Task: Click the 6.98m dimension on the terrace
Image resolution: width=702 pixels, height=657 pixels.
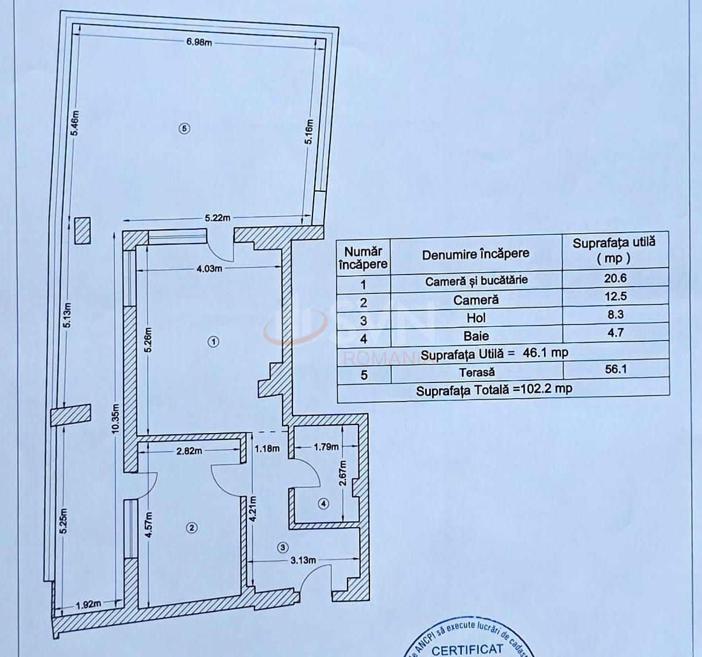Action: (x=199, y=42)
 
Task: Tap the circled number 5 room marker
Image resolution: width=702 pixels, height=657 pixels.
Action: (x=184, y=129)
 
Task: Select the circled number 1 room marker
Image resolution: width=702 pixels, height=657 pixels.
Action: (x=213, y=342)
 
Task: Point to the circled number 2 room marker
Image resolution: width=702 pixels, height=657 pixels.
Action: (x=192, y=527)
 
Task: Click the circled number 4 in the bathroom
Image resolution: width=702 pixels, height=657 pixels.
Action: (x=323, y=504)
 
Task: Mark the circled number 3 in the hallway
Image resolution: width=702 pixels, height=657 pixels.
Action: (x=282, y=547)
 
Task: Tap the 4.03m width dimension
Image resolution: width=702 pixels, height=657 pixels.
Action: (x=210, y=268)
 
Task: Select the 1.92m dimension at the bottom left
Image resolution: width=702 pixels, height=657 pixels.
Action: (x=88, y=604)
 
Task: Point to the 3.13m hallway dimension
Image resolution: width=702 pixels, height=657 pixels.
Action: (x=302, y=561)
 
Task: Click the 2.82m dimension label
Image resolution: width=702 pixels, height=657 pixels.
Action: (x=189, y=451)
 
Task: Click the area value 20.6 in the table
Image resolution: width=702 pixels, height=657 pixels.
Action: (x=615, y=279)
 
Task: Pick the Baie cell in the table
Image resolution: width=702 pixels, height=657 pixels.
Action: (x=476, y=336)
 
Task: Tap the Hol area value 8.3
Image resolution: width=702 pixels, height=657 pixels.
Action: (x=615, y=315)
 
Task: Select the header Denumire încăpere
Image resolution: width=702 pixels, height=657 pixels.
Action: (x=476, y=254)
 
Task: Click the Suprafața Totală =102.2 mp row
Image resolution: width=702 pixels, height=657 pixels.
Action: (x=494, y=389)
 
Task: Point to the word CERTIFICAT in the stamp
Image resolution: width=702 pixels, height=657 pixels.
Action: (x=467, y=650)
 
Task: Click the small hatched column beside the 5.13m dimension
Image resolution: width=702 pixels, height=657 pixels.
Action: (x=82, y=230)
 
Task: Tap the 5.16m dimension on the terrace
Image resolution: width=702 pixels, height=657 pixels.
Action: (x=310, y=133)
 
